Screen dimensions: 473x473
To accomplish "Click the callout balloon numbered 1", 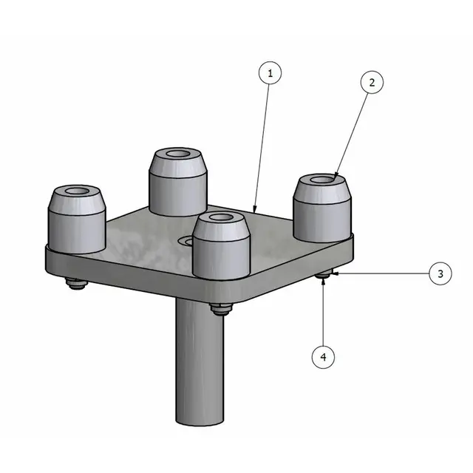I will tap(270, 73).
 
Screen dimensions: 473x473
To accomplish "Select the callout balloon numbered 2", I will tap(372, 83).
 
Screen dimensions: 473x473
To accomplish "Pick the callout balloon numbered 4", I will tap(323, 357).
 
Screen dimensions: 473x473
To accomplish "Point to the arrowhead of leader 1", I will tap(254, 212).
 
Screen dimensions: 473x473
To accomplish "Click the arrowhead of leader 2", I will tap(335, 178).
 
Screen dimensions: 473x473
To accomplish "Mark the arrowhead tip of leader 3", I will tap(332, 274).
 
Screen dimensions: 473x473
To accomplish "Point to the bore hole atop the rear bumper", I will tap(178, 155).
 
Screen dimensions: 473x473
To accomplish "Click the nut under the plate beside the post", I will tap(219, 309).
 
